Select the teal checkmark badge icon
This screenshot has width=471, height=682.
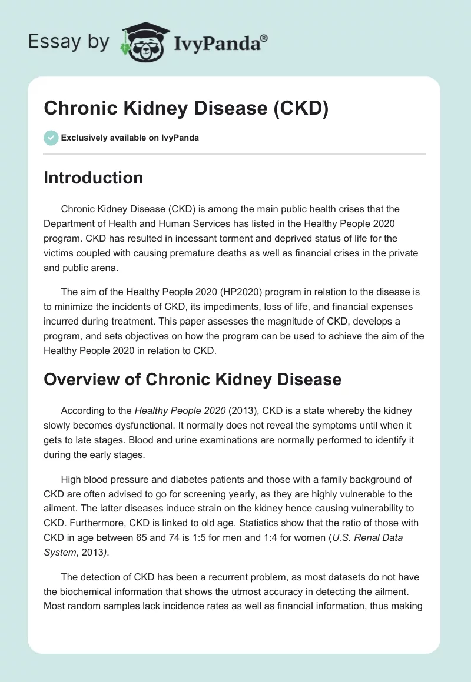click(x=51, y=138)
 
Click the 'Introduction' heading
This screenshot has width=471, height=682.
click(x=93, y=178)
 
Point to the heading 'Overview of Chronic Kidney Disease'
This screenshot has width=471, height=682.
click(x=193, y=379)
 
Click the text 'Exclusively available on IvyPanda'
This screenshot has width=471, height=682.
click(x=130, y=138)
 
